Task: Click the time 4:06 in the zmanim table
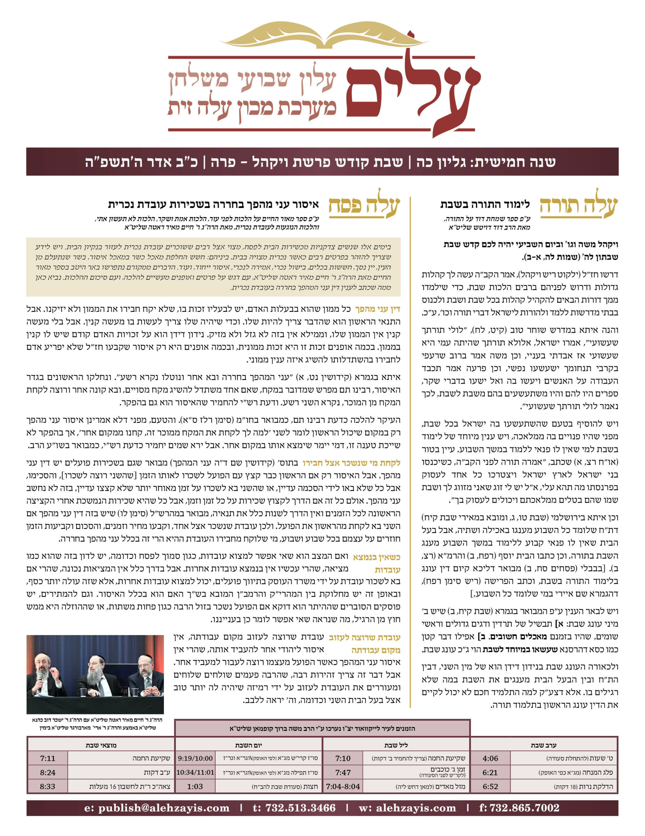click(x=490, y=758)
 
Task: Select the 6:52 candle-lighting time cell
click(x=490, y=787)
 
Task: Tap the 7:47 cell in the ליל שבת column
click(x=343, y=772)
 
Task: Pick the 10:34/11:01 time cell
click(x=195, y=772)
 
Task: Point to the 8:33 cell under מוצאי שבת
click(x=48, y=787)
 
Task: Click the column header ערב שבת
click(x=543, y=745)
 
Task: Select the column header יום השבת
click(x=248, y=745)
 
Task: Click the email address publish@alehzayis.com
click(x=157, y=808)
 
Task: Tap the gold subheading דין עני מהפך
click(x=377, y=309)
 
